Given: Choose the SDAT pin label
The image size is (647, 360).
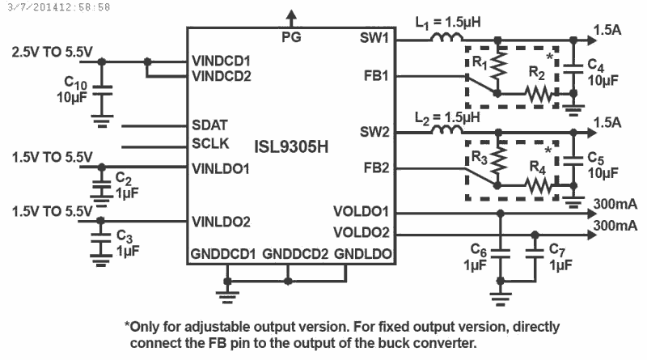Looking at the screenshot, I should (x=209, y=125).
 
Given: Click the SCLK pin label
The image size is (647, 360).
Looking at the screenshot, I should (x=210, y=144).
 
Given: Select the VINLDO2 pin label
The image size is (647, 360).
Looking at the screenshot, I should (x=221, y=221).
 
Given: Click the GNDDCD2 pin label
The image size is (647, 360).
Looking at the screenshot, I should (x=295, y=253).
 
